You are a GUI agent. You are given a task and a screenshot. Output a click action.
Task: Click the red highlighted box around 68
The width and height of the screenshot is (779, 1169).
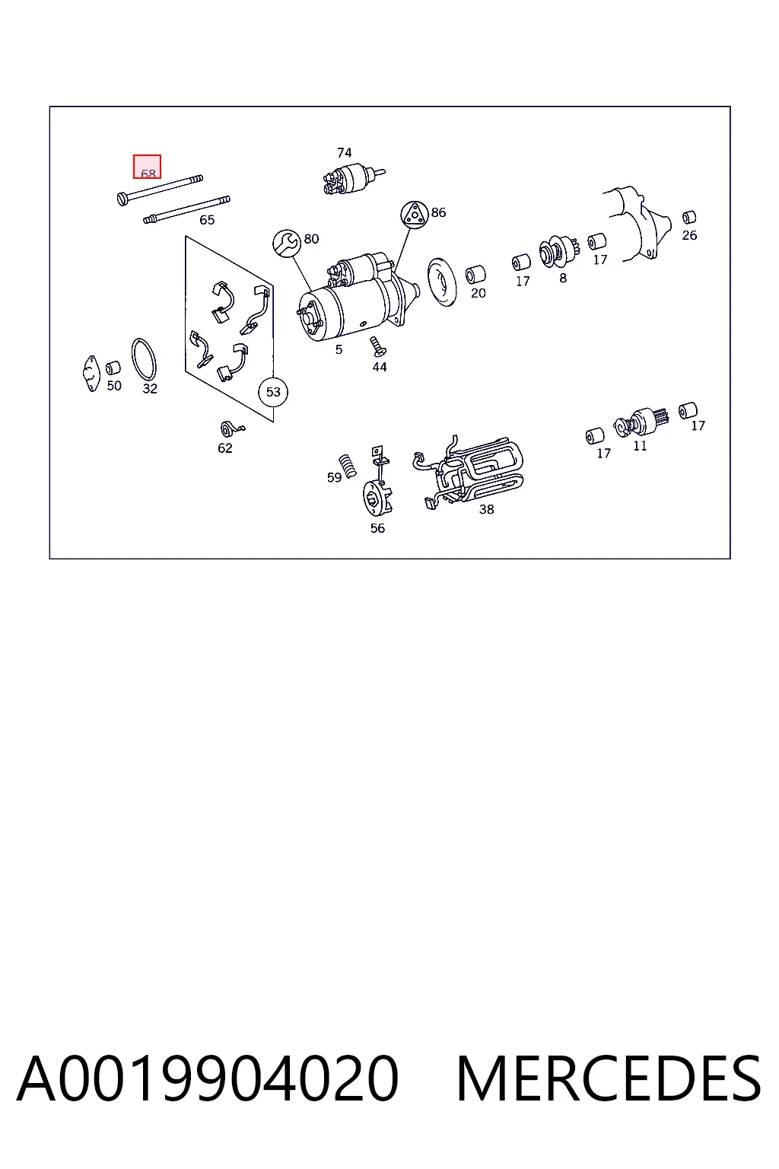point(147,167)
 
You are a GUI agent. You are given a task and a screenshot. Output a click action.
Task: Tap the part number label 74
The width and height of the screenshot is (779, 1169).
point(345,153)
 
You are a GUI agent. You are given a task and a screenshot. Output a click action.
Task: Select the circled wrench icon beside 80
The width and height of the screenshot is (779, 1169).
point(287,244)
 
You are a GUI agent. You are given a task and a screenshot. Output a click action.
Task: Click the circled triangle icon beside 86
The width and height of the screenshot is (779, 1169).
point(415,215)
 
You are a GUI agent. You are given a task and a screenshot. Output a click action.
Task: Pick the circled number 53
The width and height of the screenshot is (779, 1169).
point(273,392)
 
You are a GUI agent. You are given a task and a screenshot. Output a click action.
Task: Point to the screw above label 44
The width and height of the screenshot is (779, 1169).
point(377,346)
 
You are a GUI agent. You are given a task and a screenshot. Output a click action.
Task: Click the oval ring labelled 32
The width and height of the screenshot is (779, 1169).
point(144,360)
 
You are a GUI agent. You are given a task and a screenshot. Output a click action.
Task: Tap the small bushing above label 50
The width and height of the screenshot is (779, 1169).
point(113,368)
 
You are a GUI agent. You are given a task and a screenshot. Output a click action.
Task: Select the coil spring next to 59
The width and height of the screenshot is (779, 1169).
point(348,464)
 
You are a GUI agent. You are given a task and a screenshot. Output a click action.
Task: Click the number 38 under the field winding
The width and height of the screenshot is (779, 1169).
point(486,509)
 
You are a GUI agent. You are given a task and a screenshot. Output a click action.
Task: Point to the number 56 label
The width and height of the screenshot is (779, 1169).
point(378,528)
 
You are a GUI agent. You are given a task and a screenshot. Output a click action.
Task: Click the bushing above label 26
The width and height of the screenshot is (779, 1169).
point(689,217)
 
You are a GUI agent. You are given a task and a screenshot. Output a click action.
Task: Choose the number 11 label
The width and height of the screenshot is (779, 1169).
point(640,446)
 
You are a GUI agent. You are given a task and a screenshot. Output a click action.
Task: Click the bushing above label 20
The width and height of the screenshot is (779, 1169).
point(475,275)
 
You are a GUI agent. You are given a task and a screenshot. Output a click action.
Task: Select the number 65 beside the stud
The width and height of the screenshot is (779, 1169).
point(207,220)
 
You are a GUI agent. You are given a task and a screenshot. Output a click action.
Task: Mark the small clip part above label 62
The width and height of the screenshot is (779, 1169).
point(231,429)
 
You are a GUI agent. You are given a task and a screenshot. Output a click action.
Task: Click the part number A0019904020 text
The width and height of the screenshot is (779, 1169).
point(208,1078)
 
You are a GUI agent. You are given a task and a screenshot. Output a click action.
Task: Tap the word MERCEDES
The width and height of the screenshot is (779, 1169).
point(609,1078)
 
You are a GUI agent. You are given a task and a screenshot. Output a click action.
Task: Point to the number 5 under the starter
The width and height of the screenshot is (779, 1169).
point(339,349)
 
